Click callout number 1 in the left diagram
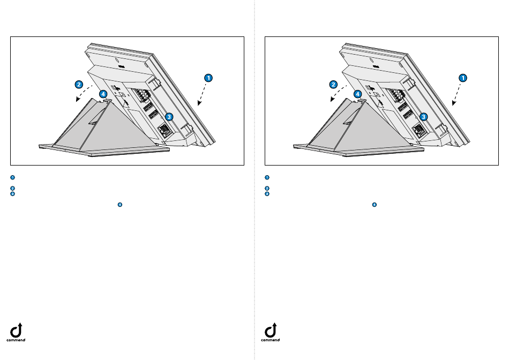pos(208,78)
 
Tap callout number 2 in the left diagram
pos(79,85)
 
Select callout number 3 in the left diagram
pos(169,117)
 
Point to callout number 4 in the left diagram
pos(103,94)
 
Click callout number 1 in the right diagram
pos(463,78)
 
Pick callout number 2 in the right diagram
pos(333,85)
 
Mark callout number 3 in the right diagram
pos(423,117)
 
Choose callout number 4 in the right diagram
pos(357,94)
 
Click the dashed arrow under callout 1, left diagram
pos(202,94)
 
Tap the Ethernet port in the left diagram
pos(164,130)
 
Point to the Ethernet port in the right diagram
pos(419,130)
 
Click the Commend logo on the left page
pos(16,332)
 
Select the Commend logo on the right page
pos(271,332)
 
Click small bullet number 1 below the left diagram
pos(13,177)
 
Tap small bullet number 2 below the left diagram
pos(13,188)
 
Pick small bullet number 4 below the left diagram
pos(120,205)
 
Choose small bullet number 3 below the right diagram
pos(267,194)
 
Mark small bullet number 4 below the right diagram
pos(375,205)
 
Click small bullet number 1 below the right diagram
pos(267,177)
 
